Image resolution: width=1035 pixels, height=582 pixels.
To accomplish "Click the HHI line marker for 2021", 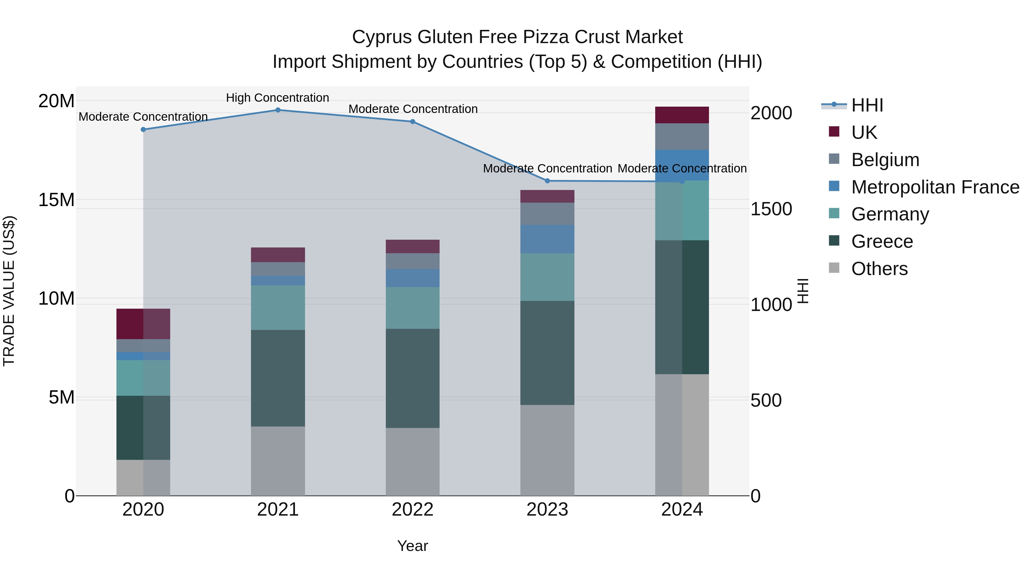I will pyautogui.click(x=278, y=110).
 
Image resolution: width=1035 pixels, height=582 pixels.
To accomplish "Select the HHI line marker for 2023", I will pyautogui.click(x=547, y=181).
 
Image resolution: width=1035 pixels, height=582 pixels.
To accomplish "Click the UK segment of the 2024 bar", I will pyautogui.click(x=682, y=115).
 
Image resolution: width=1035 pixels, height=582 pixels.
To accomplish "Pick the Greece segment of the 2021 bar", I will pyautogui.click(x=278, y=378).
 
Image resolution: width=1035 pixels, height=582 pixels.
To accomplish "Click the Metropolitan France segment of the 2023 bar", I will pyautogui.click(x=547, y=239).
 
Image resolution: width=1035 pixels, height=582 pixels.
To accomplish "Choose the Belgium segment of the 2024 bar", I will pyautogui.click(x=682, y=137).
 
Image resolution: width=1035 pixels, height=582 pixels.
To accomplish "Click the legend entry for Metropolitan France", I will pyautogui.click(x=935, y=187).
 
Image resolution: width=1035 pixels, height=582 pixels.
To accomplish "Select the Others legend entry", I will pyautogui.click(x=879, y=269).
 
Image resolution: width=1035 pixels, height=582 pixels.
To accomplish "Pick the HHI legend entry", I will pyautogui.click(x=867, y=105).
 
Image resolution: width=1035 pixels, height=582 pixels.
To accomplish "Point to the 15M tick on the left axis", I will pyautogui.click(x=56, y=200).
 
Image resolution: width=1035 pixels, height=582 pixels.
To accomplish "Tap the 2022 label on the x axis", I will pyautogui.click(x=413, y=510).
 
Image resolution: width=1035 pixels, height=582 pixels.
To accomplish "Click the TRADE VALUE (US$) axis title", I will pyautogui.click(x=9, y=291).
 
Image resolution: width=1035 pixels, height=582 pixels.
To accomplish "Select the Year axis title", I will pyautogui.click(x=413, y=546).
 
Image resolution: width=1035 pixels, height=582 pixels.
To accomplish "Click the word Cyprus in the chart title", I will pyautogui.click(x=382, y=37).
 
